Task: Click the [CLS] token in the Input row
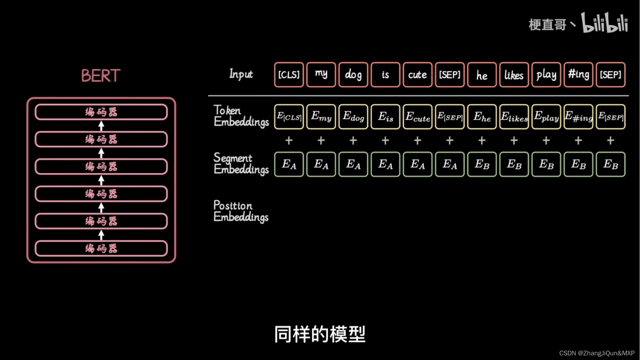tap(289, 75)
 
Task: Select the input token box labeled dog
tap(353, 75)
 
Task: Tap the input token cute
tap(417, 75)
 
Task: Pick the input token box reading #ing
tap(578, 75)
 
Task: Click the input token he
tap(482, 75)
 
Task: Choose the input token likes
tap(514, 75)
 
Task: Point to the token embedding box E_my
tap(321, 117)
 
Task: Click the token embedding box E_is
tap(385, 117)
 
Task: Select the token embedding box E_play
tap(546, 117)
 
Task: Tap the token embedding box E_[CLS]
tap(289, 117)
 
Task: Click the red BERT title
tap(101, 76)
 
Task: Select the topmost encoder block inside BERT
tap(101, 112)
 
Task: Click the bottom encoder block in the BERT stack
tap(101, 248)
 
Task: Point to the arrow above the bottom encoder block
tap(101, 235)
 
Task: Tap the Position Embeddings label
tap(241, 211)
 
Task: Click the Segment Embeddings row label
tap(241, 163)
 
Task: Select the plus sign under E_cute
tap(417, 141)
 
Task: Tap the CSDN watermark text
tap(597, 353)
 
